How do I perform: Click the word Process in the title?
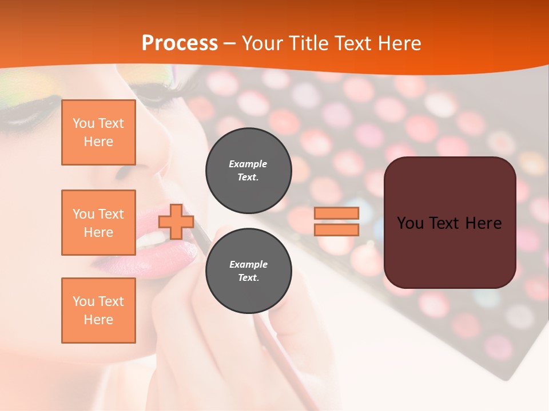[180, 43]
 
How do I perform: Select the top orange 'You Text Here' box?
[98, 132]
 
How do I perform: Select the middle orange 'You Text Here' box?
[98, 223]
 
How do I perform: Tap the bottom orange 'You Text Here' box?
[98, 311]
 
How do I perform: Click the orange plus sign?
[176, 222]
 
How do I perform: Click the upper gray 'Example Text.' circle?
[248, 171]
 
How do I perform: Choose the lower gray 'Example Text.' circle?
[248, 271]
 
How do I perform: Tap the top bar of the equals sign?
[336, 213]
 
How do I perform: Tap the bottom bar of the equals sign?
[336, 230]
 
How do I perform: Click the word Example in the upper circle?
[248, 164]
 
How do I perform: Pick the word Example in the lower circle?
[248, 264]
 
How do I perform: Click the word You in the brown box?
[410, 223]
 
